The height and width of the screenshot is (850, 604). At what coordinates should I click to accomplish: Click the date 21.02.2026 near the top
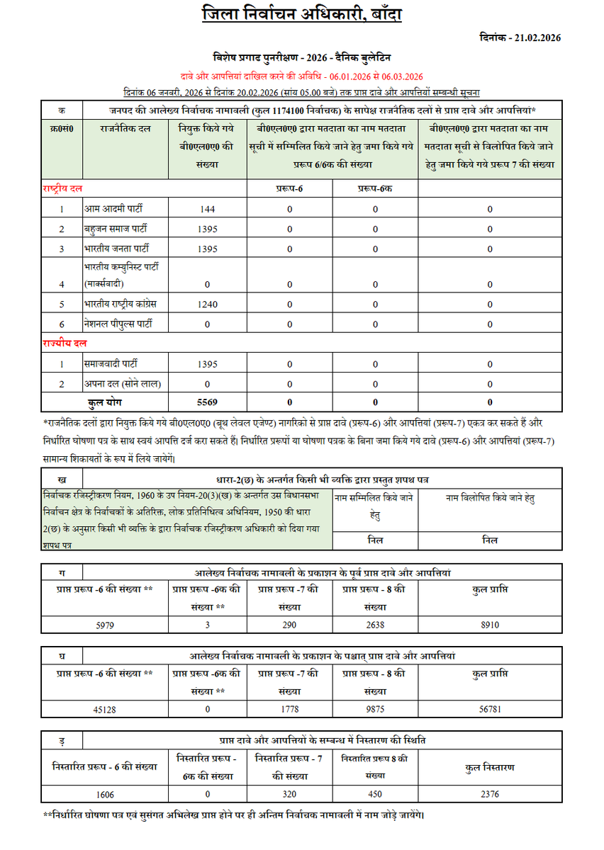[517, 38]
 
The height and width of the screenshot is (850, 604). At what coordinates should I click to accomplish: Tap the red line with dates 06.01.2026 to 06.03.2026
[301, 76]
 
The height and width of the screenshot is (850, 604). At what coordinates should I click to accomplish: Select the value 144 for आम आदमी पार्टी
[208, 210]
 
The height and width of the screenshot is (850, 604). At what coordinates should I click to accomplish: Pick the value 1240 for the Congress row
[208, 304]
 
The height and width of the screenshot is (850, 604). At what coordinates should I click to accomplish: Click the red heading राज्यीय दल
[64, 344]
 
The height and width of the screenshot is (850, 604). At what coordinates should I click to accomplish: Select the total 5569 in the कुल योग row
[208, 403]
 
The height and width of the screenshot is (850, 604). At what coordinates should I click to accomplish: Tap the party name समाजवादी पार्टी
[111, 363]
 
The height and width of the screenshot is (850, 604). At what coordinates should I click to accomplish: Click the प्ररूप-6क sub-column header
[374, 189]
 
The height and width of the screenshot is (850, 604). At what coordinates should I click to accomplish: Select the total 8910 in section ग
[489, 625]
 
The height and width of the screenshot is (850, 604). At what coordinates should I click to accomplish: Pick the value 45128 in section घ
[106, 708]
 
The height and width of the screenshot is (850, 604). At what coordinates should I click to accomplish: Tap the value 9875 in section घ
[374, 708]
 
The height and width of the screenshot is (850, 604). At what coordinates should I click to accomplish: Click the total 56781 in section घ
[489, 708]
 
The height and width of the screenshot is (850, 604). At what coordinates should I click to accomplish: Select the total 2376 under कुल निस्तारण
[489, 794]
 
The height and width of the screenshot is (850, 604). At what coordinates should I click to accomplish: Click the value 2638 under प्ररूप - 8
[374, 625]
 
